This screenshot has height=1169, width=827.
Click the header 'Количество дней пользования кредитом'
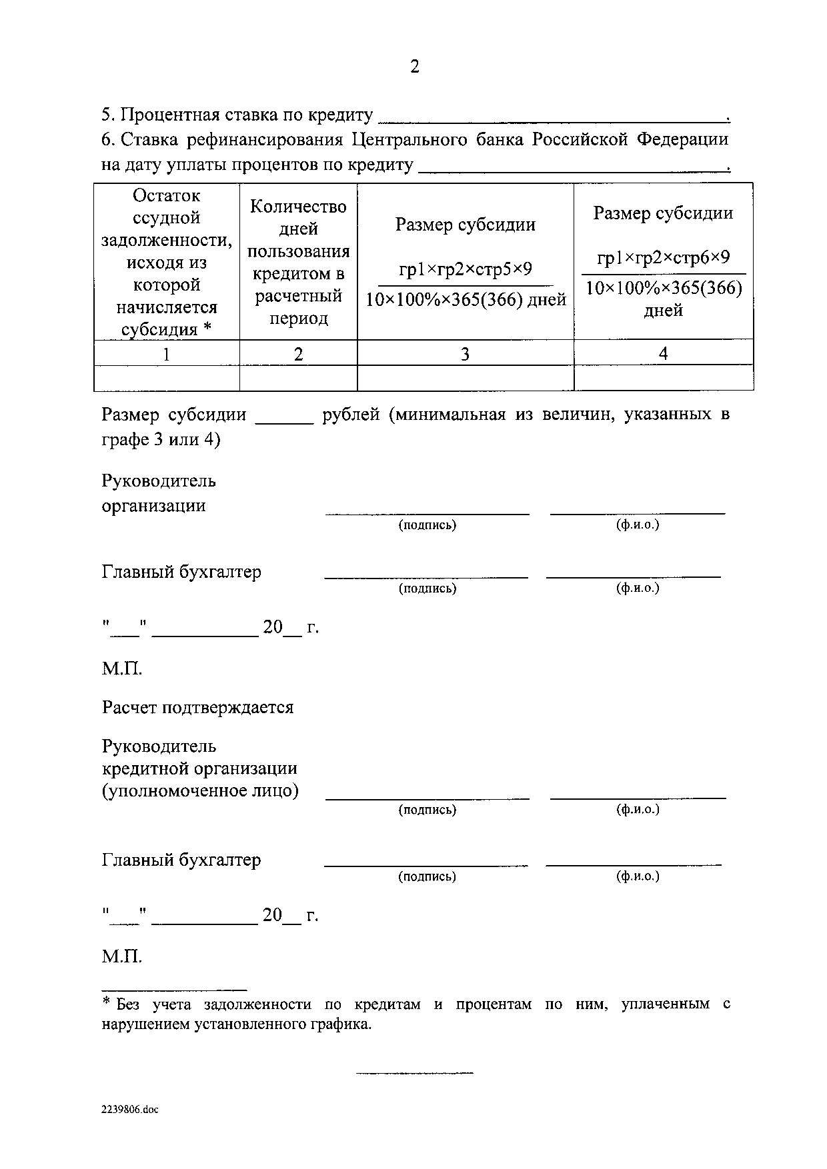(298, 262)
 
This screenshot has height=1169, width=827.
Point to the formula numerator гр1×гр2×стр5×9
(465, 270)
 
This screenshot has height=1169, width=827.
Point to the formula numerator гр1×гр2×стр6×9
(663, 258)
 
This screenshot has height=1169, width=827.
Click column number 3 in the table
(465, 353)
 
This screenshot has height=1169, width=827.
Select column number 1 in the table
(167, 353)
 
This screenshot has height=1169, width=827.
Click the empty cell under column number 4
(663, 378)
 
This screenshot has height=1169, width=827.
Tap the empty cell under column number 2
(298, 378)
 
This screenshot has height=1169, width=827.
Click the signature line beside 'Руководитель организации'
(427, 512)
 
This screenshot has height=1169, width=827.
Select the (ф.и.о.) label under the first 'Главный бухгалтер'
(638, 588)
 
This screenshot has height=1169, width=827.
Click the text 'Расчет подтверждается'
(197, 707)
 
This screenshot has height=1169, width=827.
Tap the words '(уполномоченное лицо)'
(200, 791)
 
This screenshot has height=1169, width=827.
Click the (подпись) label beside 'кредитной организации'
(427, 810)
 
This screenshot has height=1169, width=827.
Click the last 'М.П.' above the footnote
(122, 957)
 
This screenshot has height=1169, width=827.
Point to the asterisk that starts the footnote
(106, 1002)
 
